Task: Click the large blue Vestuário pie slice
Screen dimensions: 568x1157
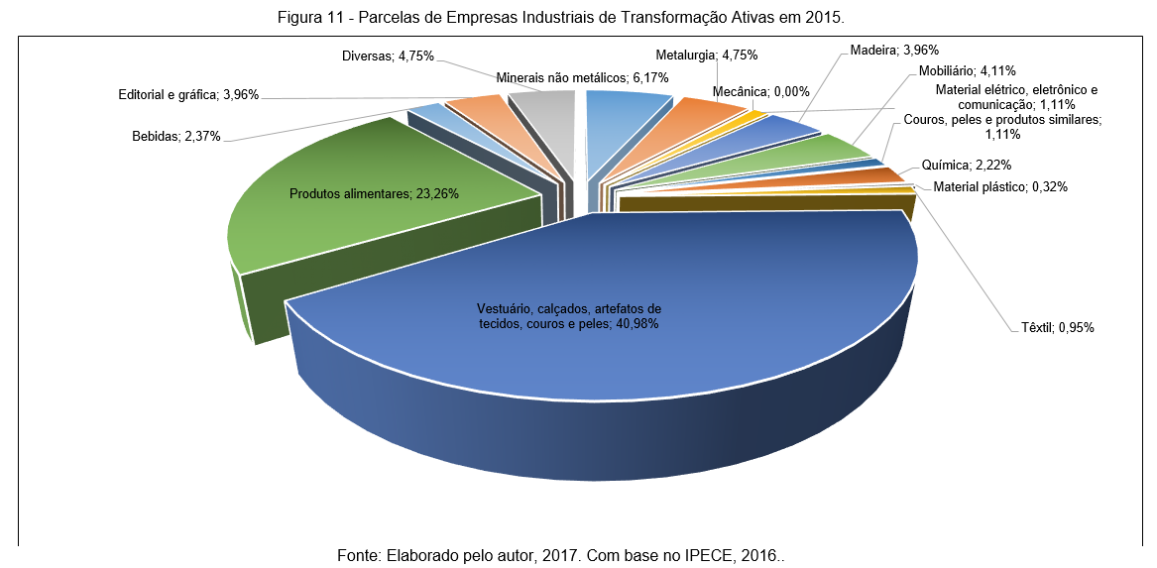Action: [595, 327]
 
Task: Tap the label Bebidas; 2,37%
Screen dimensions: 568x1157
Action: [175, 137]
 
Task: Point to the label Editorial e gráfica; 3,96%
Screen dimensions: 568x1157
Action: [188, 96]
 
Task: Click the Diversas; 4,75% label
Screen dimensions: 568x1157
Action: [387, 57]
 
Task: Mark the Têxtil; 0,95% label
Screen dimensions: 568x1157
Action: [1057, 327]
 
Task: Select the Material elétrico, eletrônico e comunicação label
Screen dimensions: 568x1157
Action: [1016, 96]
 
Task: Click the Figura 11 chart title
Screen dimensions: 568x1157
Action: [578, 18]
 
